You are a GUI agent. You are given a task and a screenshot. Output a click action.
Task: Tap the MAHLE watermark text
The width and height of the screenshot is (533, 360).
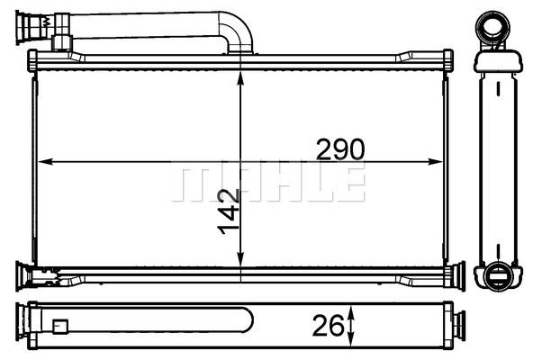[268, 183]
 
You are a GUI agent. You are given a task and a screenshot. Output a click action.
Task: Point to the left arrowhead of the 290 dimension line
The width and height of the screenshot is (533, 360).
[41, 163]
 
